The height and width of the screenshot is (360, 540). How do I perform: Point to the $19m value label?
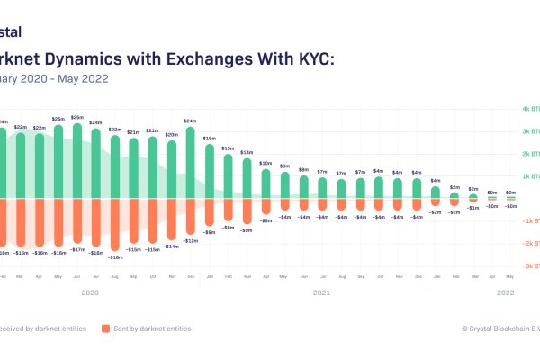(209, 139)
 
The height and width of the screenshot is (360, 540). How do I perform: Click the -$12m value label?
(191, 240)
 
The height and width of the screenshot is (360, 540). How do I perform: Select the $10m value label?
(265, 163)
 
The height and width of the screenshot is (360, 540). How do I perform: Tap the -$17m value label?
(76, 249)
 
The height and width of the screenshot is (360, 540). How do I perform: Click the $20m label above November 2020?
(171, 134)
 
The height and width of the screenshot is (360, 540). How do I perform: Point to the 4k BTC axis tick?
(527, 110)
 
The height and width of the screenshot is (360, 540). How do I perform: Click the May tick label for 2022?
(511, 277)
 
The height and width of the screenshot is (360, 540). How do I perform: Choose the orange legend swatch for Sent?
(106, 328)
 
